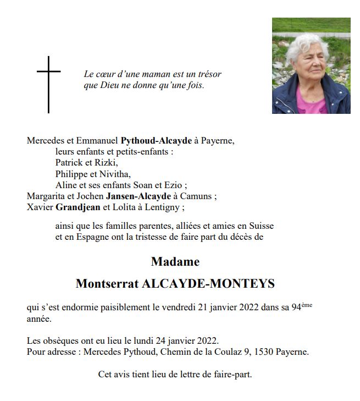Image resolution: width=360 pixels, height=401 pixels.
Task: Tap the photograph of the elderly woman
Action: (311, 65)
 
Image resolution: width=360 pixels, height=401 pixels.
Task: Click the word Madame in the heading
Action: (175, 261)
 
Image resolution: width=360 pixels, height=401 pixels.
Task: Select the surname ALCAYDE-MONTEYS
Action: (208, 284)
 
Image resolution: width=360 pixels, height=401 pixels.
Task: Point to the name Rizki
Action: (107, 163)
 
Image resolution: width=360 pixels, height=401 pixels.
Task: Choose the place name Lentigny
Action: (163, 207)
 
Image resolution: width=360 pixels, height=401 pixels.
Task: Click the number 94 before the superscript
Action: (296, 307)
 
